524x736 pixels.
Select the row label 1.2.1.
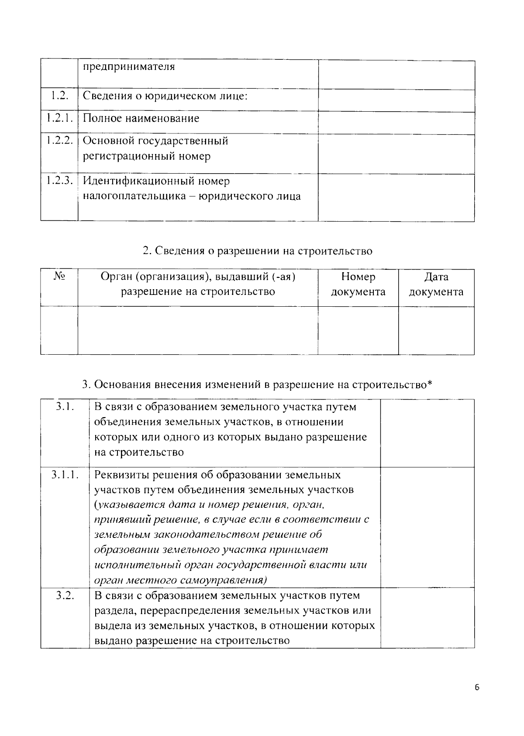59,118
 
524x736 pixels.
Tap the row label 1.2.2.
59,140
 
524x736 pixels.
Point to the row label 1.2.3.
59,181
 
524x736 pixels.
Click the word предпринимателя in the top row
129,67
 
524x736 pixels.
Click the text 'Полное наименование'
141,118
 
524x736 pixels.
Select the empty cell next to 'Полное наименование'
396,123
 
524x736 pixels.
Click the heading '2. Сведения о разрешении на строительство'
258,251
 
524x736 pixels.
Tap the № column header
59,277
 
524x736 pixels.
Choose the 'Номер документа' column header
358,284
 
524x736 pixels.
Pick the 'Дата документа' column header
436,284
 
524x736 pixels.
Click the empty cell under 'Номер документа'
358,330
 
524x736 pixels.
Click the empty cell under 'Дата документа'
436,330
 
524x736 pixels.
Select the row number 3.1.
65,407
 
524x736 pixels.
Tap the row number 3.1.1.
65,475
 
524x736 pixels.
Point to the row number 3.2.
65,596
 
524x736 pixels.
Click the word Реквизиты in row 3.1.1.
121,475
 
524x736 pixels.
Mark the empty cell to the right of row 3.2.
427,617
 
